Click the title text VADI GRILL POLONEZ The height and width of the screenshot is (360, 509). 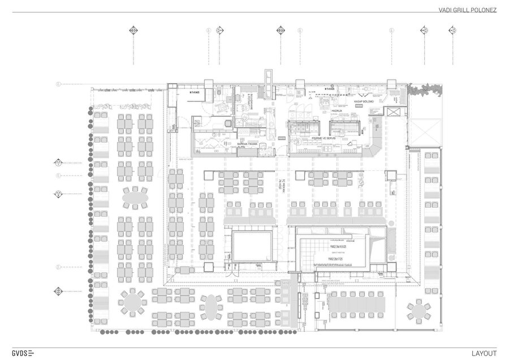click(x=467, y=10)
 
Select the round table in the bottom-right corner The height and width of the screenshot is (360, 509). click(x=417, y=310)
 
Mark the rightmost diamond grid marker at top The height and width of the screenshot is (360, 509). click(x=451, y=30)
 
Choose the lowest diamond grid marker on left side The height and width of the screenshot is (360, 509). click(x=58, y=292)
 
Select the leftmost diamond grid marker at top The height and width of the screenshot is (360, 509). click(x=133, y=30)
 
